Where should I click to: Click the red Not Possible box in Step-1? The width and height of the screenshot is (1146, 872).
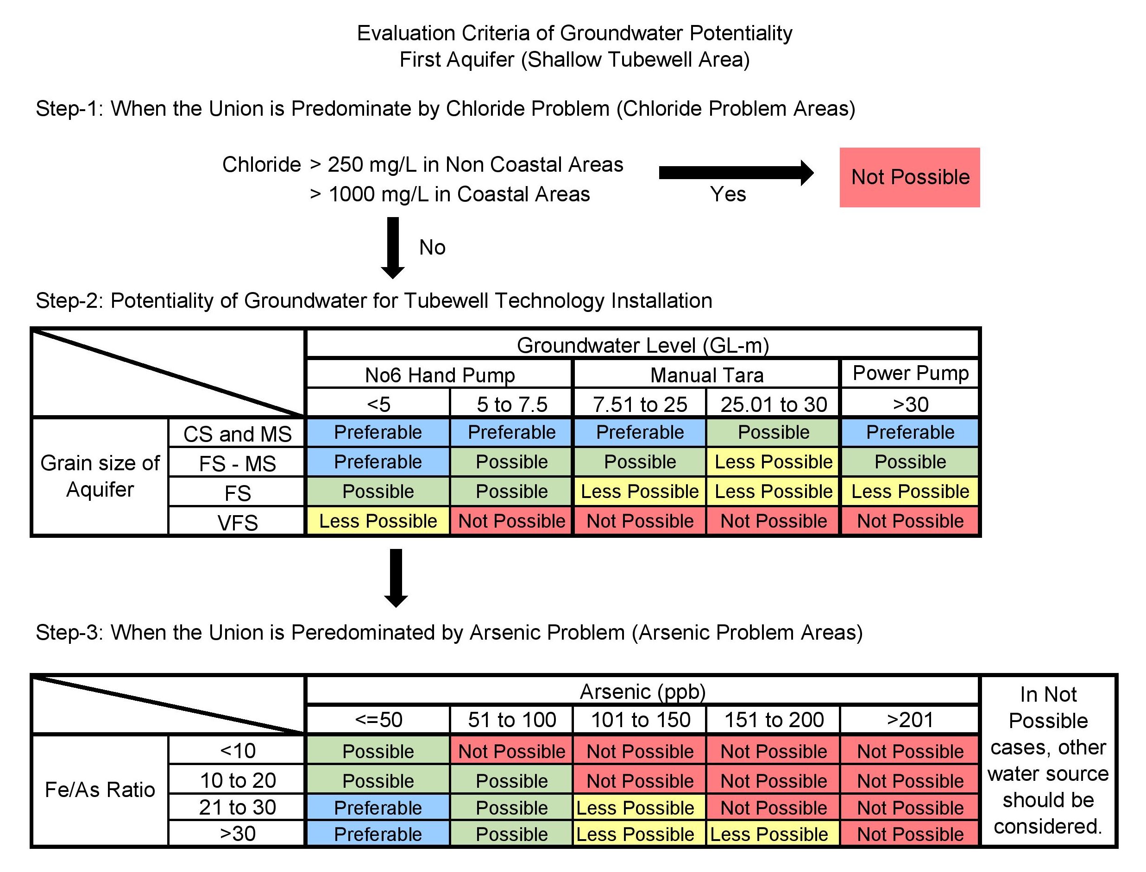pos(909,178)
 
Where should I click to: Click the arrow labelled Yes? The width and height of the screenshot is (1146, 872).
pos(735,173)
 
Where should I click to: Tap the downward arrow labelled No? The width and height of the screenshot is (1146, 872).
pos(393,248)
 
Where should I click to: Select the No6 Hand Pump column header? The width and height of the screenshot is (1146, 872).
pos(440,374)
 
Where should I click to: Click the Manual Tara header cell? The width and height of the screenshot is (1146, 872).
pos(706,374)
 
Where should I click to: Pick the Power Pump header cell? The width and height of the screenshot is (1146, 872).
pos(910,373)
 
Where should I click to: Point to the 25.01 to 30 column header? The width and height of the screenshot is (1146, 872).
pos(773,404)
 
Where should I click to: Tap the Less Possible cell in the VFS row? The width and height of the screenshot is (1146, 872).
pos(378,521)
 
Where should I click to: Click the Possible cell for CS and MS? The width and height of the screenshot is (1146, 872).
pos(773,432)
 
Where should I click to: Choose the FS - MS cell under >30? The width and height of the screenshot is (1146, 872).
pos(910,461)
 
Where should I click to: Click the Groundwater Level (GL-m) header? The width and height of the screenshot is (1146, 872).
pos(642,345)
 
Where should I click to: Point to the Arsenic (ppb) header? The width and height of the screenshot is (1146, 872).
pos(642,691)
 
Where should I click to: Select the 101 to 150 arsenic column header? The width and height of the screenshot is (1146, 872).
pos(640,719)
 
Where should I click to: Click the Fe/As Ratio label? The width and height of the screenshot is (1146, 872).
pos(100,790)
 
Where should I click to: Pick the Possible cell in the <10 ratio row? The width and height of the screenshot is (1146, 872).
pos(378,751)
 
